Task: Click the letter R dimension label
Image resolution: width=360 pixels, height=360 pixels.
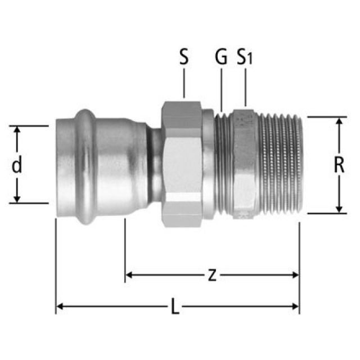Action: pos(339,165)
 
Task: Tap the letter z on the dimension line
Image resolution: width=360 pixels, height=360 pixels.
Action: pos(212,275)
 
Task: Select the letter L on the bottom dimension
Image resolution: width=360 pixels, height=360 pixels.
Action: pos(175,306)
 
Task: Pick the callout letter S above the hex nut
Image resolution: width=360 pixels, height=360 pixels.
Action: pos(184,57)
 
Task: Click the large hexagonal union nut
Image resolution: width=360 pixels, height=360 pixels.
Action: pos(182,164)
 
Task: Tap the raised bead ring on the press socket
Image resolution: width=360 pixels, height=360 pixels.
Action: pos(85,167)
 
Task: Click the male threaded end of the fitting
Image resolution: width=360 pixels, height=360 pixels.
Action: pos(281,165)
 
